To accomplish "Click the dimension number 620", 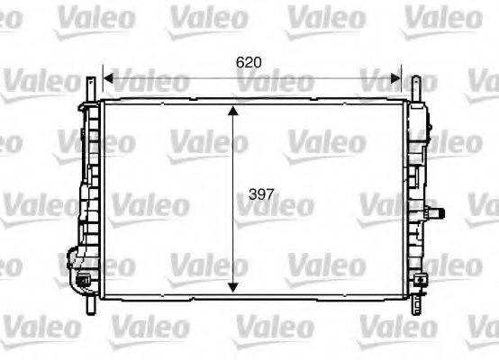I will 249,62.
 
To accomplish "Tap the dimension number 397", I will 261,193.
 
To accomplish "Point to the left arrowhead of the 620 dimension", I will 108,77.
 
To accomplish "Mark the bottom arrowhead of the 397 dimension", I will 234,285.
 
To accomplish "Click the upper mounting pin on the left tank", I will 90,87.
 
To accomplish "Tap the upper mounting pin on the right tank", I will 415,88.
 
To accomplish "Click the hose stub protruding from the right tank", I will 440,213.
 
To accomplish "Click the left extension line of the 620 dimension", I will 102,81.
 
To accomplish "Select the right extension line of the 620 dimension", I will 401,81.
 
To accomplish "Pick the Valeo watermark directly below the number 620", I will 276,83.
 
